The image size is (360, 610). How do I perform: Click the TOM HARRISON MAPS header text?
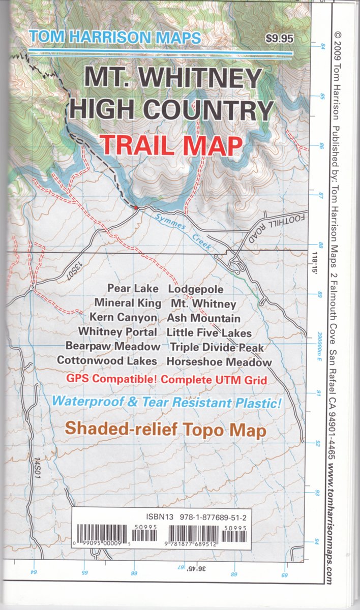[x=115, y=37]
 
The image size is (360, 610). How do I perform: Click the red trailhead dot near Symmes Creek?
[x=135, y=207]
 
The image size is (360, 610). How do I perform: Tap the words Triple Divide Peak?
[x=217, y=347]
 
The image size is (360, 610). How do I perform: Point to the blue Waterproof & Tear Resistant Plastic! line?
[x=167, y=402]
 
